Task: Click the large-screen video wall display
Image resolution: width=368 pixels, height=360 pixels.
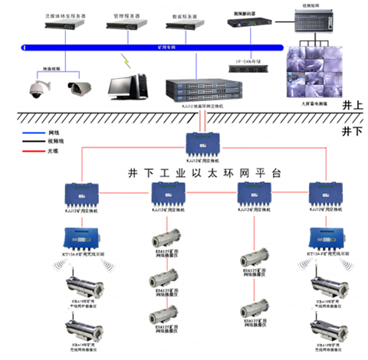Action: (314, 73)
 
